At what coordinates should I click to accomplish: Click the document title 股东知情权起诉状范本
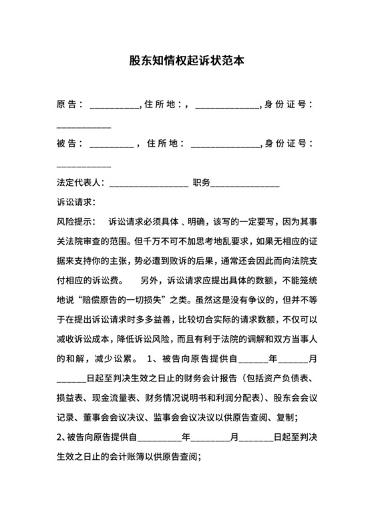[x=186, y=60]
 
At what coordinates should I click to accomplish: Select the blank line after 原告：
[x=113, y=107]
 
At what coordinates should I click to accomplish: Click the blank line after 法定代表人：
[x=148, y=185]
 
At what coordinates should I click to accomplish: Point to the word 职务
[x=201, y=182]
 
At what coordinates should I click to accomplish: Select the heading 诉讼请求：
[x=77, y=202]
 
